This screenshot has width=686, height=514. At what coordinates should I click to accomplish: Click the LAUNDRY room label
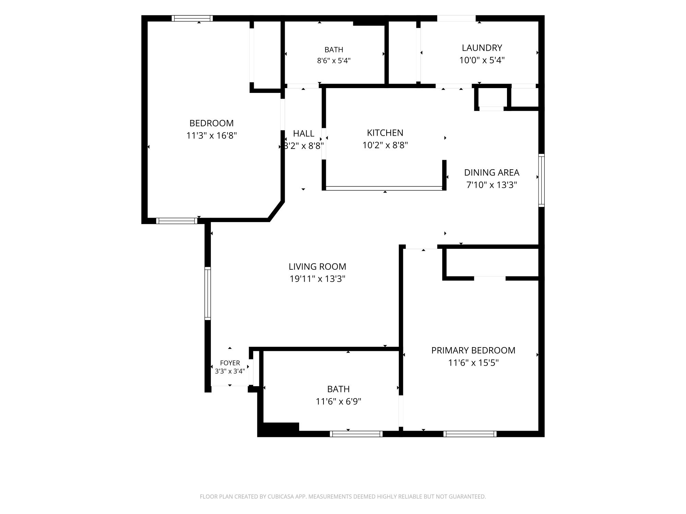pos(482,48)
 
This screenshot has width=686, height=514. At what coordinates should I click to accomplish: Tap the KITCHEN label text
pos(385,133)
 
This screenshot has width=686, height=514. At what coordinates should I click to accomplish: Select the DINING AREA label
pos(492,172)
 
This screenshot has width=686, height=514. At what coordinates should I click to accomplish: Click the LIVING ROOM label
pos(317,266)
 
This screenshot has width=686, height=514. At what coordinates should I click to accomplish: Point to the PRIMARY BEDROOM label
pos(473,350)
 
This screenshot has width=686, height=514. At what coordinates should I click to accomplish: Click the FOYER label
pos(230,363)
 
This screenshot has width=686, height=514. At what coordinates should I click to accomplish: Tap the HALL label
pos(304,133)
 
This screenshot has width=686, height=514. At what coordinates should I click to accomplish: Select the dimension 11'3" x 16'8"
pos(212,136)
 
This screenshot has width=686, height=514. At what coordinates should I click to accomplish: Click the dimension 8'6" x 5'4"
pos(334,61)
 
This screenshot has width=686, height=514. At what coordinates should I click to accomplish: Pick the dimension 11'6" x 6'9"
pos(339,401)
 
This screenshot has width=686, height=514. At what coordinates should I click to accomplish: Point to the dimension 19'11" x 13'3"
pos(317,279)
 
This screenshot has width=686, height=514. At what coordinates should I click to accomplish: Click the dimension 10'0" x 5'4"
pos(482,60)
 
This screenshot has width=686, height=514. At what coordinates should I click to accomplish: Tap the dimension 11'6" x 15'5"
pos(473,363)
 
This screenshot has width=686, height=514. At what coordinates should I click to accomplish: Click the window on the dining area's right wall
pos(541,180)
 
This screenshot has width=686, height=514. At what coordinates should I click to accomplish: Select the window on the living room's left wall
pos(208,293)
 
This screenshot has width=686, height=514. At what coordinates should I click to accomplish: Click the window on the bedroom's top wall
pos(192,19)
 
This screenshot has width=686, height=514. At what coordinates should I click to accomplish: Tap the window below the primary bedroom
pos(470,434)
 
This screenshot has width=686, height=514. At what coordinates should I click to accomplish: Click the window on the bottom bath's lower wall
pos(356,434)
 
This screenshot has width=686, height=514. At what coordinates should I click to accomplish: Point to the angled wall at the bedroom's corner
pos(276,211)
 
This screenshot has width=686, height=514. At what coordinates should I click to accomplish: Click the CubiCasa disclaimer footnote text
pos(343,497)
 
